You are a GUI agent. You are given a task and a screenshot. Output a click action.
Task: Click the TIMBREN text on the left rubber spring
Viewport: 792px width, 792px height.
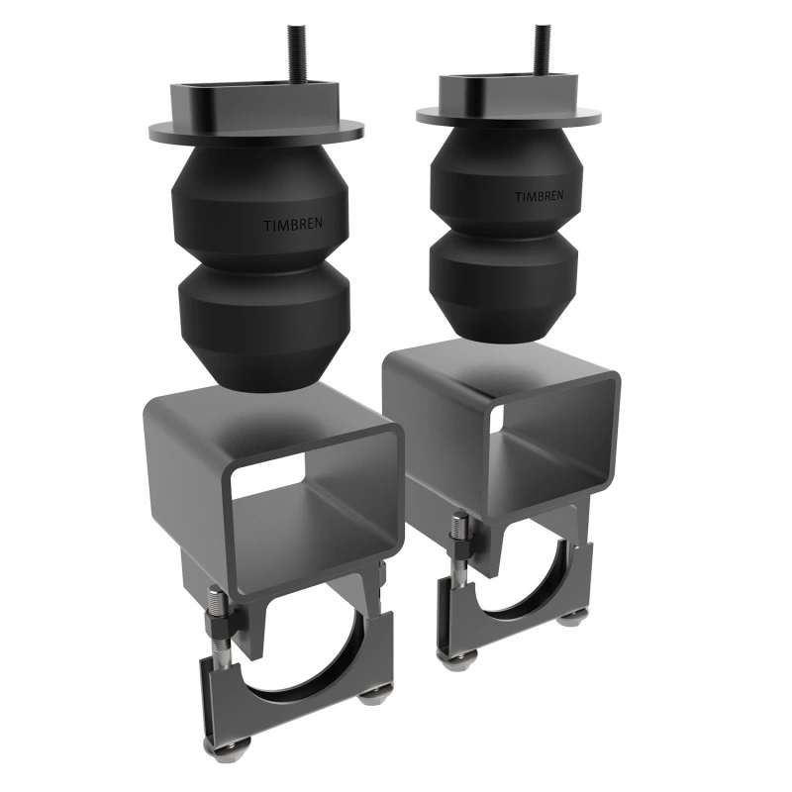[293, 224]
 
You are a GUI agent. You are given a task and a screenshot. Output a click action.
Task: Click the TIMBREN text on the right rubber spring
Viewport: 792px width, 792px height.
[539, 196]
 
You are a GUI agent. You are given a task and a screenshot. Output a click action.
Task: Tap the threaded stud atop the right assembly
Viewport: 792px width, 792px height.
[543, 46]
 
